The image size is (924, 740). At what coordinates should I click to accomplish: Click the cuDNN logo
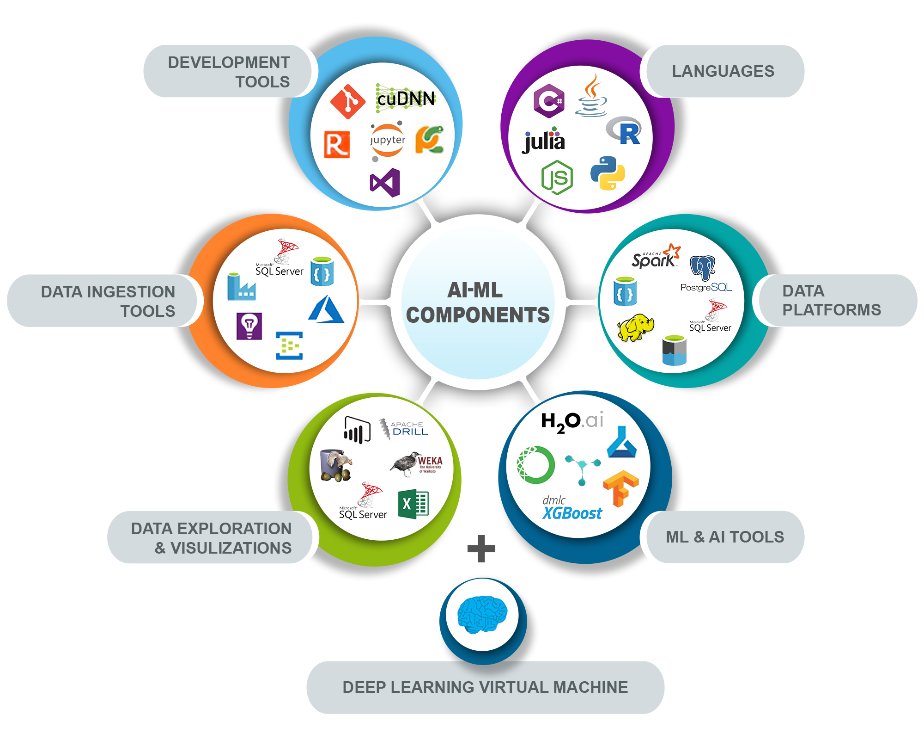406,99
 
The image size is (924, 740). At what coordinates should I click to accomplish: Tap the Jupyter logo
387,140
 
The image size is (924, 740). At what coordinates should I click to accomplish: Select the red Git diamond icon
348,101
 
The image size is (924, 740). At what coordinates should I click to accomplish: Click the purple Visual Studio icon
385,183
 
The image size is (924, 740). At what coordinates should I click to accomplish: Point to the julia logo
544,140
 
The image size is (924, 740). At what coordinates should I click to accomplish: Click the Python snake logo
608,173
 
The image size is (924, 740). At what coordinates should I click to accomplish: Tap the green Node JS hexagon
557,178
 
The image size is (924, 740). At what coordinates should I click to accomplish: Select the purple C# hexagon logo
549,101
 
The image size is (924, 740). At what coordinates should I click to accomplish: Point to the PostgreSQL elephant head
703,268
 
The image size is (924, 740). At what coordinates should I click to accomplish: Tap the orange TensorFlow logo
620,488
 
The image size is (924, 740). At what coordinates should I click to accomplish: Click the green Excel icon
413,504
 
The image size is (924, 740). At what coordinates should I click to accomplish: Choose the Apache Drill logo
404,428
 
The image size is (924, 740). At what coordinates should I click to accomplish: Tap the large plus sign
481,549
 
